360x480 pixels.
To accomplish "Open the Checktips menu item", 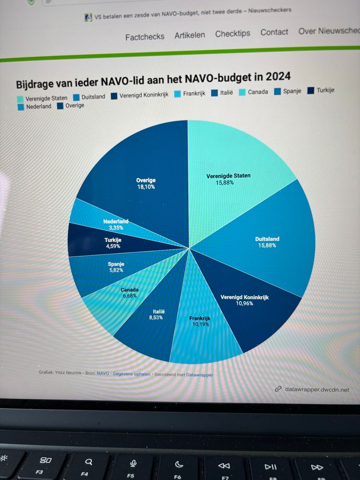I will pyautogui.click(x=232, y=34).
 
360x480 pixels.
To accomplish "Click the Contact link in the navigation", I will pyautogui.click(x=274, y=32).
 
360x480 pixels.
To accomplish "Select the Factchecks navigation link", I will pyautogui.click(x=144, y=36).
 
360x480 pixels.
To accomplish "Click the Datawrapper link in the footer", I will pyautogui.click(x=200, y=374).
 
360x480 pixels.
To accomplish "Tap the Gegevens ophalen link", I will pyautogui.click(x=132, y=373).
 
